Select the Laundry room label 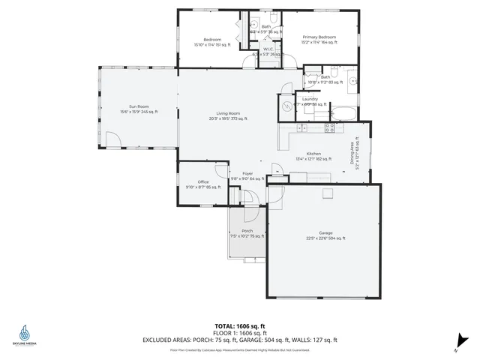point(310,100)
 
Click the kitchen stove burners point(329,128)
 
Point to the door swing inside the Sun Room point(111,139)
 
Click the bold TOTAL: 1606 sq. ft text point(239,325)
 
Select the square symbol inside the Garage point(327,193)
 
